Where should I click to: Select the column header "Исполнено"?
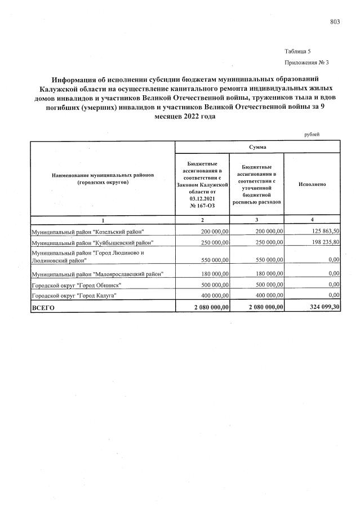(312, 184)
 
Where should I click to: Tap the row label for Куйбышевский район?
(92, 242)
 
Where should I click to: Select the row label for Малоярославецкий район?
(97, 274)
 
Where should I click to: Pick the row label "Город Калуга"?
(73, 295)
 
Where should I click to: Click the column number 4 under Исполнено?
(312, 219)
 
